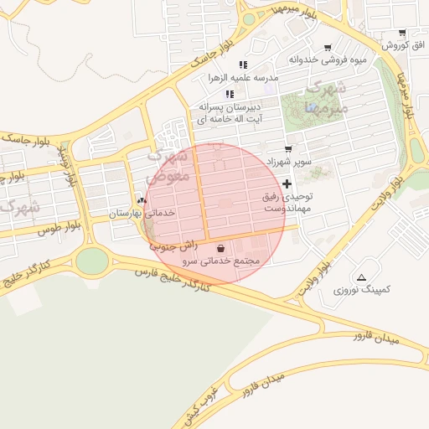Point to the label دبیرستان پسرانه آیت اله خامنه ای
click(230, 114)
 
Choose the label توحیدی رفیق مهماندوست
click(287, 201)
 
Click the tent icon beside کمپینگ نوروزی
click(361, 277)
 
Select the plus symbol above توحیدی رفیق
click(287, 183)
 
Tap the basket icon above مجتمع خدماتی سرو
click(220, 249)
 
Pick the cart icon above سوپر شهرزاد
click(288, 147)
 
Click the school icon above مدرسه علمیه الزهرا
click(243, 65)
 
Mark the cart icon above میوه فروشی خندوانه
click(328, 47)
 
